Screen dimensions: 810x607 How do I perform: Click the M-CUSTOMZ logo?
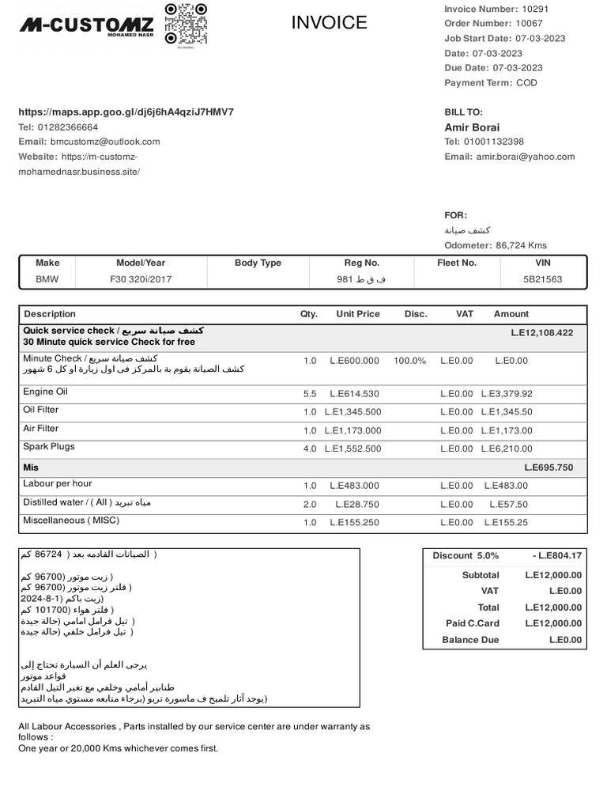pos(87,27)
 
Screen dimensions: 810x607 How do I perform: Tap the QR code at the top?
pos(186,24)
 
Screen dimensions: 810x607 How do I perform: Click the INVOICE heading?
pos(329,23)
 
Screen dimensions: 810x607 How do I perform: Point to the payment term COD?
pos(527,83)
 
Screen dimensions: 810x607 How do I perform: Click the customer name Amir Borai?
pos(472,127)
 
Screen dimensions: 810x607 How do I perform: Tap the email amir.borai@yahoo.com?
pos(526,157)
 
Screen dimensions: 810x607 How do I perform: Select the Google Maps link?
pos(126,112)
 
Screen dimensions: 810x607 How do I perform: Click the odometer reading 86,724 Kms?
pos(522,245)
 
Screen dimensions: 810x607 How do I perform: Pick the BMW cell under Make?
pos(47,279)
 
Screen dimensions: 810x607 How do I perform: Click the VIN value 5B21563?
pos(543,279)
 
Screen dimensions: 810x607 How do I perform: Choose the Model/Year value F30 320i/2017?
pos(141,279)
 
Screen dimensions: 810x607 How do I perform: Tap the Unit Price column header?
pos(358,314)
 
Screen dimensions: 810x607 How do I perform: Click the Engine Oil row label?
pos(46,392)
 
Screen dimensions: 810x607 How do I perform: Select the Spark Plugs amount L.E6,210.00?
pos(507,449)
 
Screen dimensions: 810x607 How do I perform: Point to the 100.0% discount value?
pos(409,361)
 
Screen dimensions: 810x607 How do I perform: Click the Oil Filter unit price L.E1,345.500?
pos(353,412)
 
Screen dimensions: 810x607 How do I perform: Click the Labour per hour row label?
pos(58,483)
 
